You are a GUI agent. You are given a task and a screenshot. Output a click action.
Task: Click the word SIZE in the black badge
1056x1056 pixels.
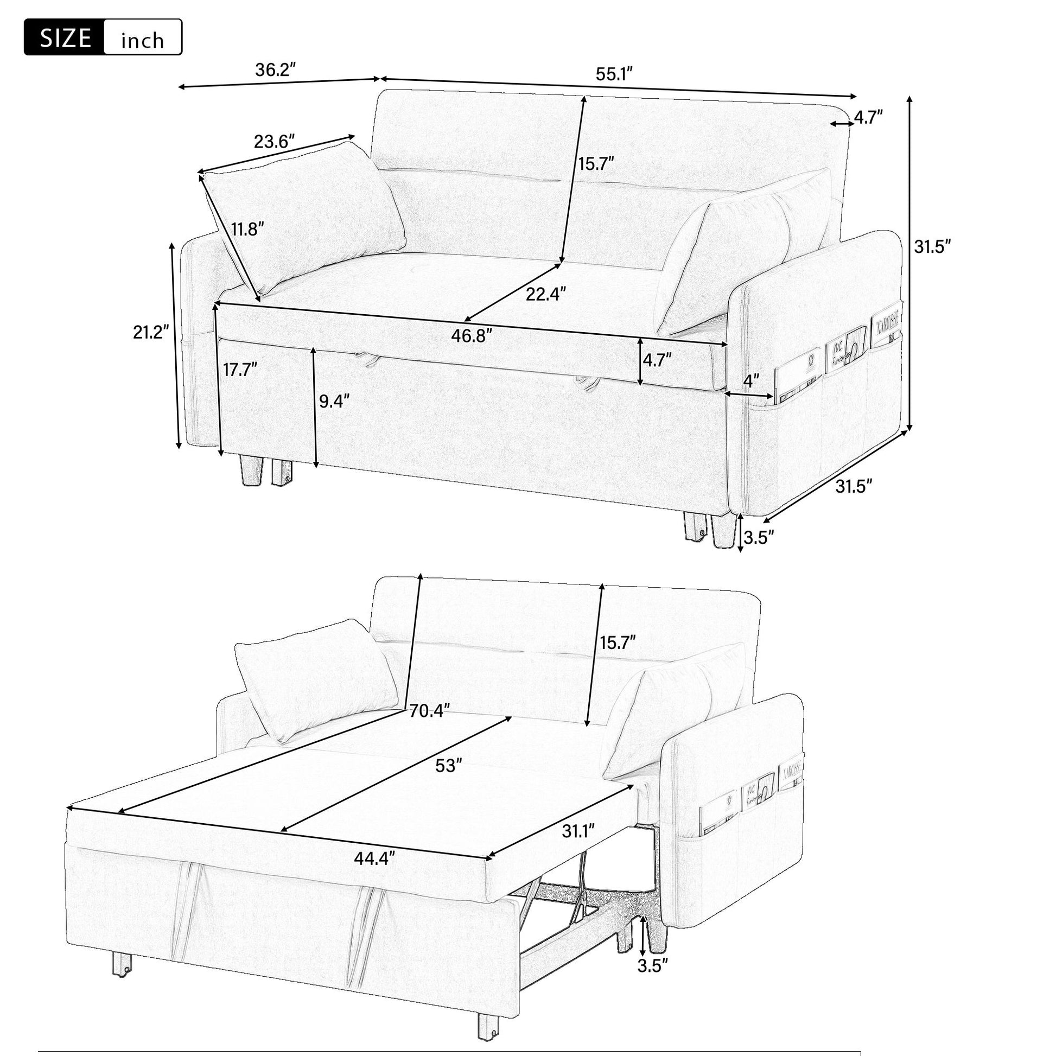65,38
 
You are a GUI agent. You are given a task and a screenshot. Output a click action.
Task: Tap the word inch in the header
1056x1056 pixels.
142,40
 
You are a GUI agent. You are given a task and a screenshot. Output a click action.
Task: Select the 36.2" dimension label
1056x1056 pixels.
276,70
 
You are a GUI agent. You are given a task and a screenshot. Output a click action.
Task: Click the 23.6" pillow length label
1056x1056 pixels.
275,142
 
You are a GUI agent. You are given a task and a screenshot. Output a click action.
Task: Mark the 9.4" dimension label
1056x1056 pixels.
334,401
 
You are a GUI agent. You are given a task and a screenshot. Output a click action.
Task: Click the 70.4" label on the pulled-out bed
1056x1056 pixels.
430,710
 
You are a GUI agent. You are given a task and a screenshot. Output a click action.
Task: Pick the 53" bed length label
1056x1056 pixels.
446,766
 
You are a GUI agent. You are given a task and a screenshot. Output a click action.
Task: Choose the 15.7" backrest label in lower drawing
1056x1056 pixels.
618,643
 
